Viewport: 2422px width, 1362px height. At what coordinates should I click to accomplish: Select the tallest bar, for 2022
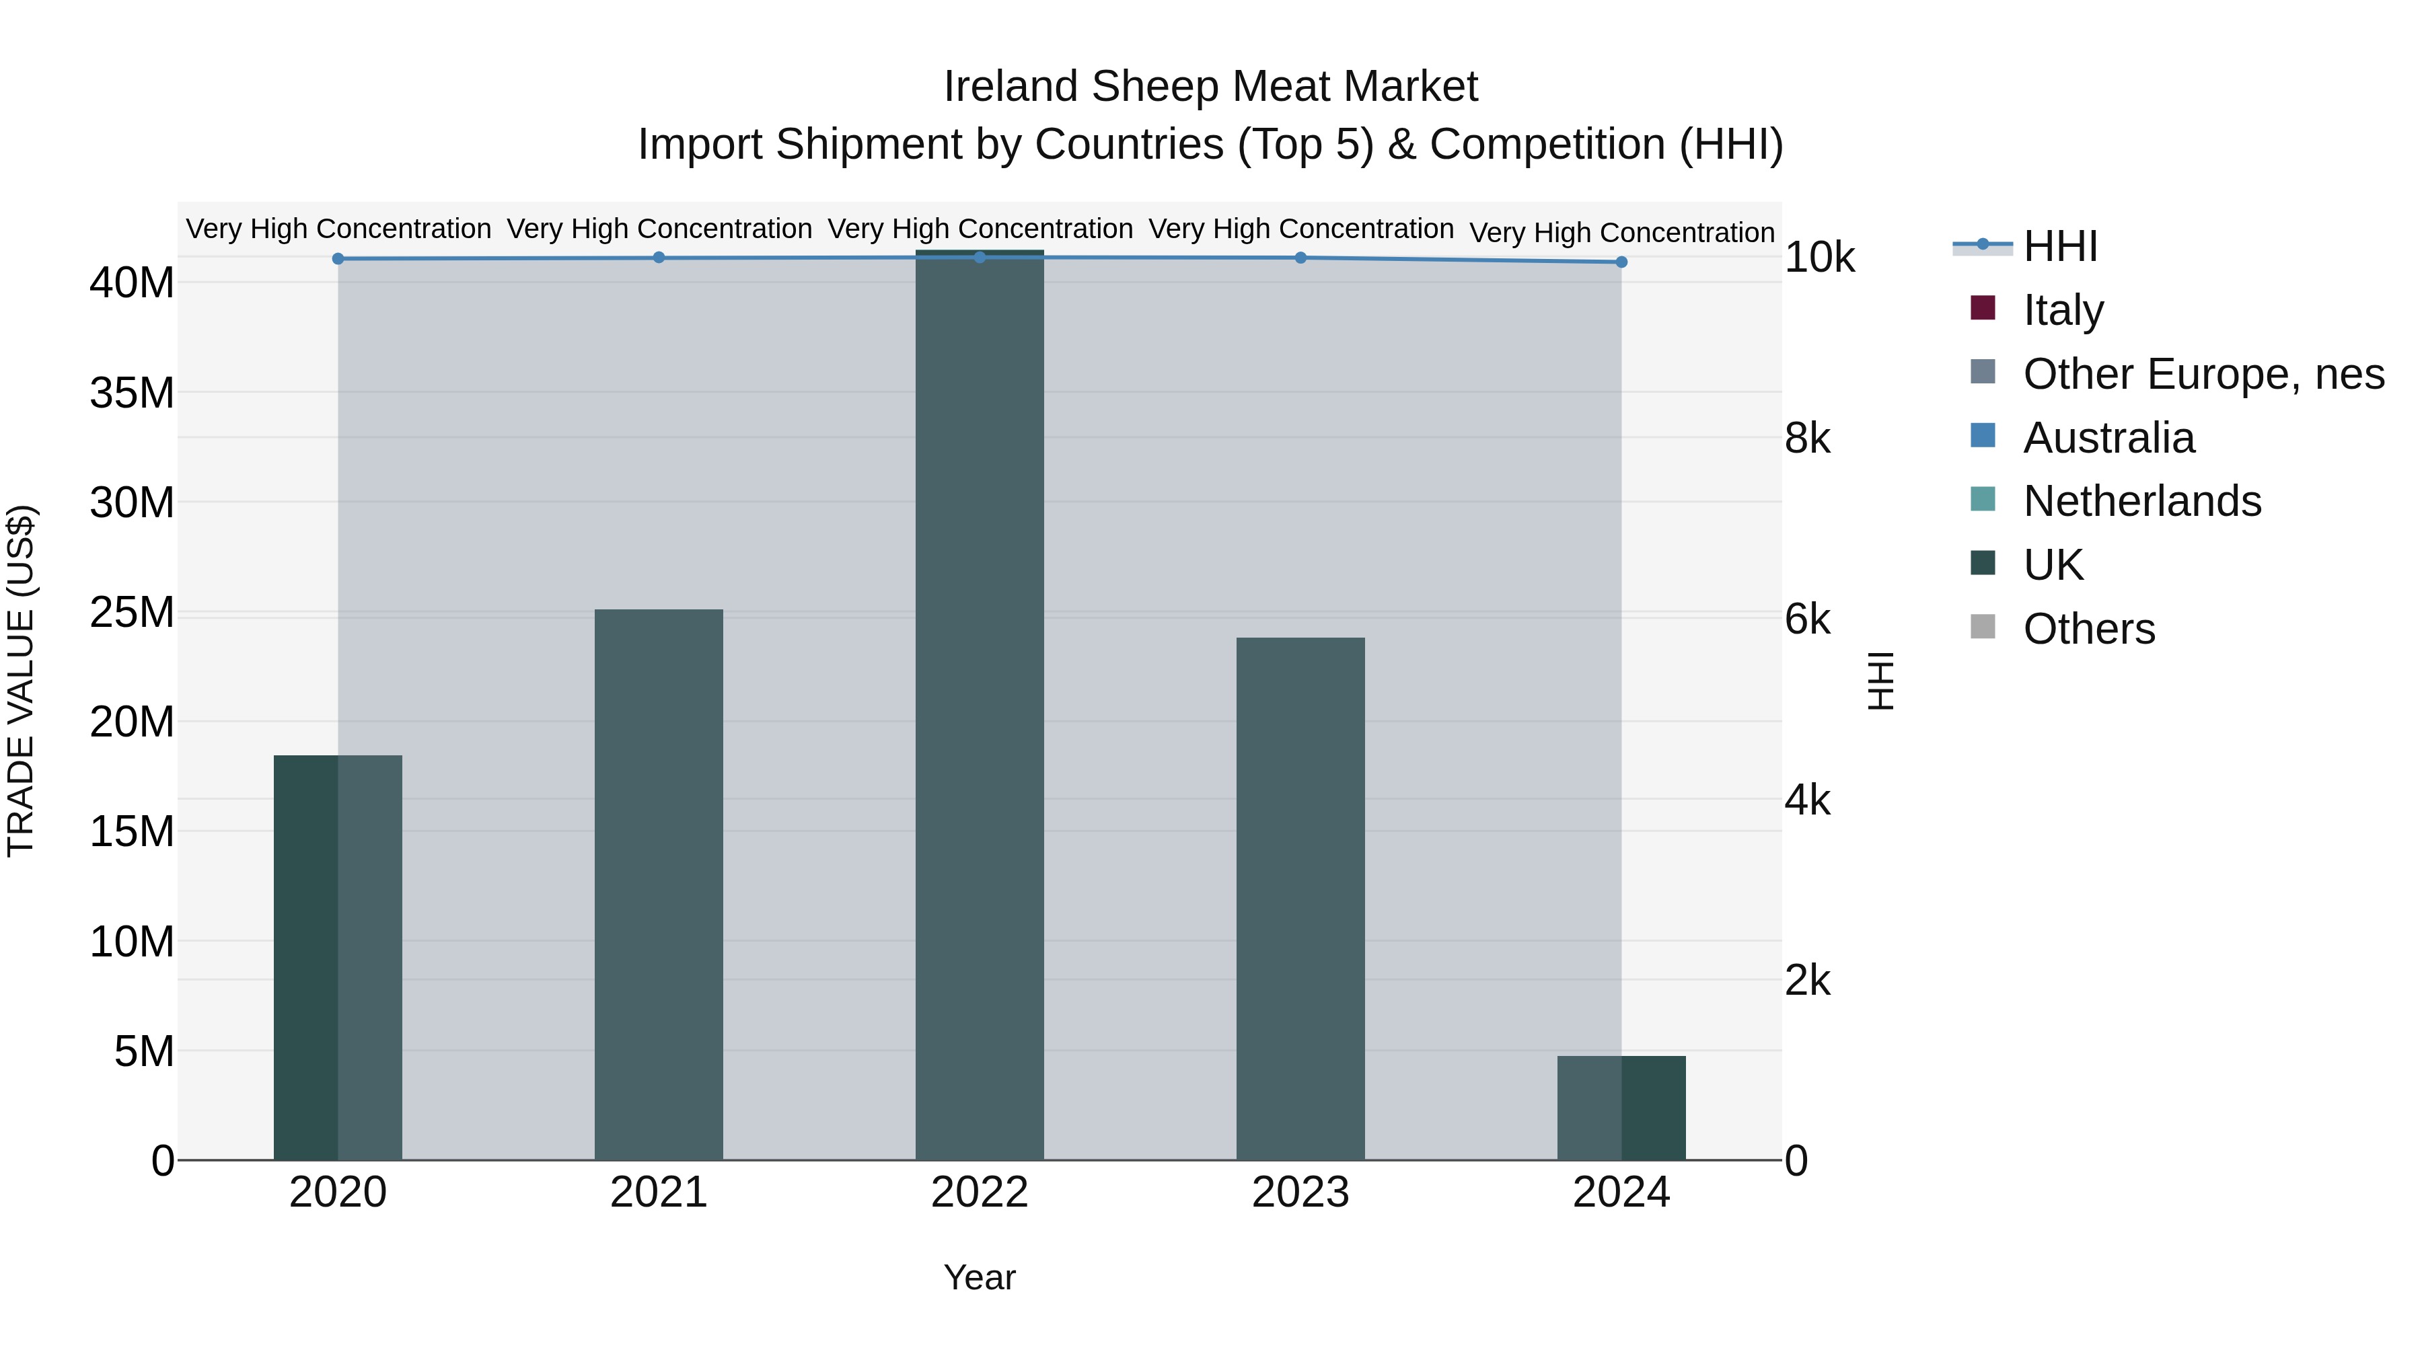click(x=979, y=705)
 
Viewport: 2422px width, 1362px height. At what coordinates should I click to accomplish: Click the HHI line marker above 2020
click(x=338, y=258)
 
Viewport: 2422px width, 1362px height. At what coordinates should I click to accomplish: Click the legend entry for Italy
click(x=2062, y=310)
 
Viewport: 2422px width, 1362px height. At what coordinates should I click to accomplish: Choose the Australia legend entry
click(x=2107, y=438)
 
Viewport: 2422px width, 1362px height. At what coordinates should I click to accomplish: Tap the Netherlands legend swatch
click(x=1982, y=499)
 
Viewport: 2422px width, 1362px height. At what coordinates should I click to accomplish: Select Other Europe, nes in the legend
click(x=2202, y=374)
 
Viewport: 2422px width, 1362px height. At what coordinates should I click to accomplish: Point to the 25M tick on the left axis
click(x=132, y=613)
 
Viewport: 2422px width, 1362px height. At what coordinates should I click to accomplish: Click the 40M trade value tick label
click(x=132, y=283)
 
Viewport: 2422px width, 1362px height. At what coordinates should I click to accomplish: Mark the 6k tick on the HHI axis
click(x=1807, y=619)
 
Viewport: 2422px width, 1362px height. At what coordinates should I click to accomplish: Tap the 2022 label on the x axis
click(x=979, y=1193)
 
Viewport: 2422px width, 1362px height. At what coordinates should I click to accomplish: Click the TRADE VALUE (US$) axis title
click(x=21, y=681)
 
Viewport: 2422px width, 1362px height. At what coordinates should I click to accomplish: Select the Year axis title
click(x=979, y=1277)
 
